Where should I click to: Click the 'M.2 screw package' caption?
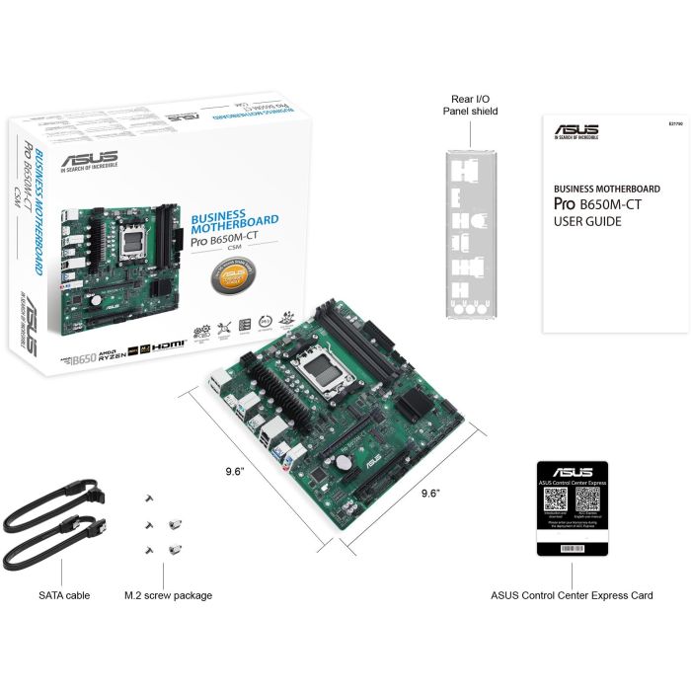(168, 595)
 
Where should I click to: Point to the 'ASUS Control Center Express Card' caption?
(572, 595)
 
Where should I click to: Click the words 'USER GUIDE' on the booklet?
(588, 221)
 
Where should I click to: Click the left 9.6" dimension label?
(235, 471)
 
